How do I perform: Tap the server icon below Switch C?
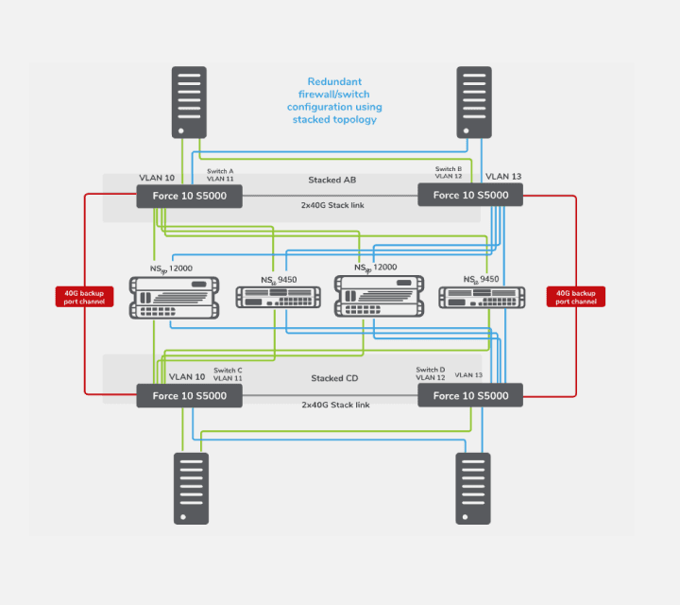(x=190, y=488)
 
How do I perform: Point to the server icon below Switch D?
(x=473, y=488)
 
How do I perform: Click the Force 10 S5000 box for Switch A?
(x=189, y=196)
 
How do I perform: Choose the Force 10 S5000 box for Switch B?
(x=470, y=196)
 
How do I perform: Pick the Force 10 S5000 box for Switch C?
(x=189, y=396)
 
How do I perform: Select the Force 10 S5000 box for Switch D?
(x=470, y=396)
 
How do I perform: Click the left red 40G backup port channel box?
(x=85, y=297)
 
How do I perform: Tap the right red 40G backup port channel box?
(x=576, y=297)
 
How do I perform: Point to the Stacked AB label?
(x=331, y=180)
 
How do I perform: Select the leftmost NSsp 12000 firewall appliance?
(x=173, y=297)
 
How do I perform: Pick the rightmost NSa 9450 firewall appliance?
(x=482, y=297)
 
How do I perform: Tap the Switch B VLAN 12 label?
(x=448, y=173)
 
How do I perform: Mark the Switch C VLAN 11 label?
(x=228, y=374)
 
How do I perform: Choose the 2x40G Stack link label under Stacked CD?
(x=334, y=405)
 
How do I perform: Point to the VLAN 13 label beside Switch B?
(x=502, y=177)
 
